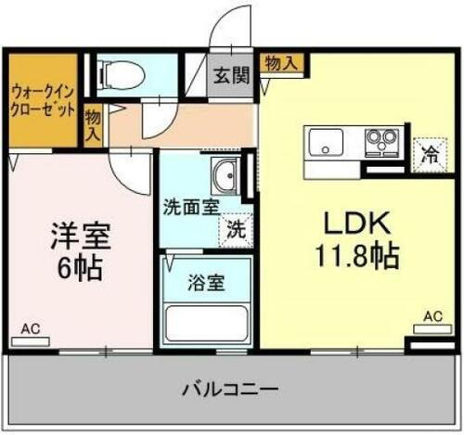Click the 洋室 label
80,235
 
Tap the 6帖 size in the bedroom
80,269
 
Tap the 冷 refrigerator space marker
430,155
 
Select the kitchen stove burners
380,142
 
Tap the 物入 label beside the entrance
282,63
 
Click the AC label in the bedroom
31,328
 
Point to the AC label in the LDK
432,316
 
